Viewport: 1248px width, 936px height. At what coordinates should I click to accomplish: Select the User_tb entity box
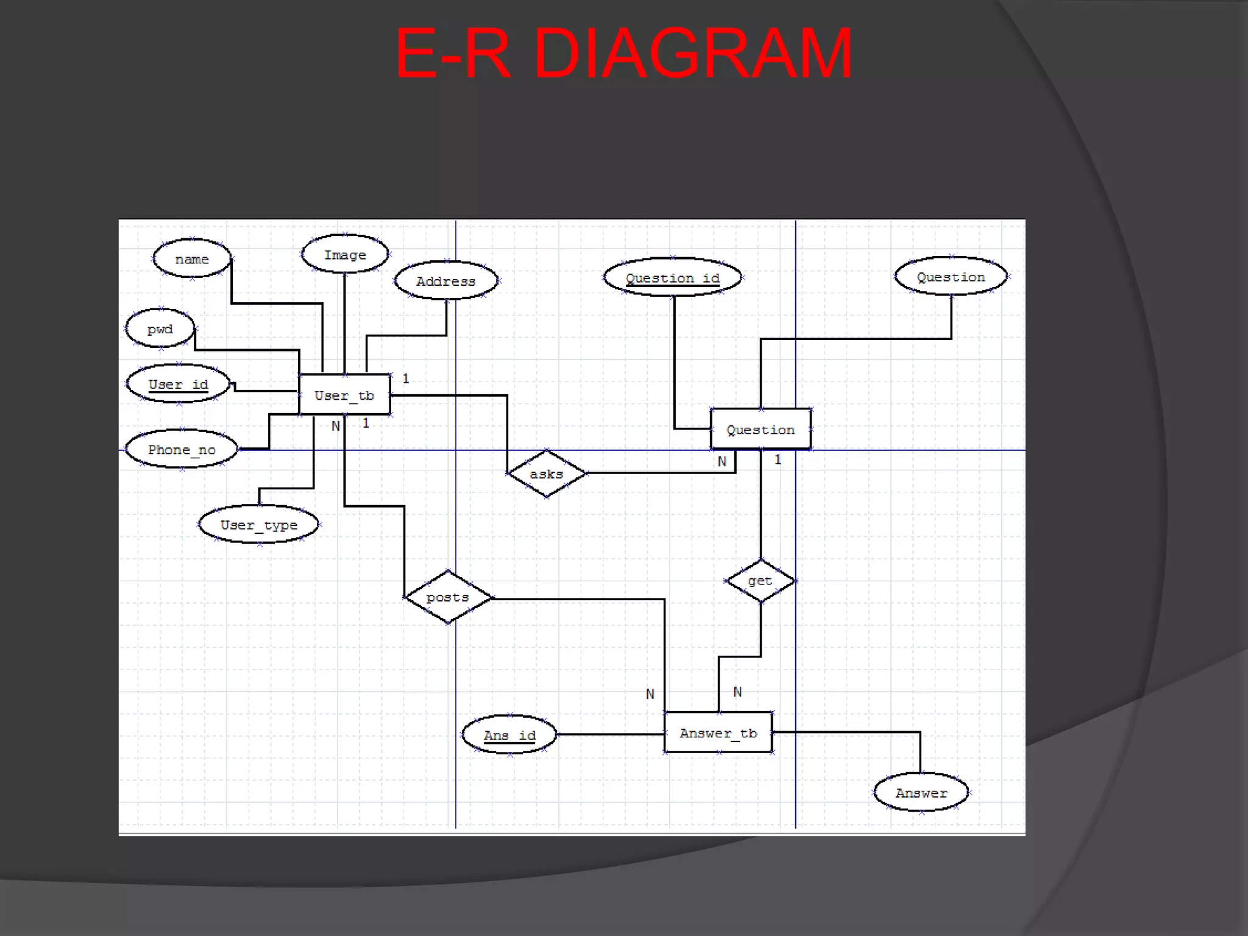point(344,395)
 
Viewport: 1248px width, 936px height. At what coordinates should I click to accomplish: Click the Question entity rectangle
point(760,429)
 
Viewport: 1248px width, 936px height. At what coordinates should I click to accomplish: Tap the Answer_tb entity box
point(718,732)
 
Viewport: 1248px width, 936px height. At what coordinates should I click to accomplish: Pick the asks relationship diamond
point(547,473)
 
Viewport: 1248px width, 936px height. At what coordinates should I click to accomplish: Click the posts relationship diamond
point(448,597)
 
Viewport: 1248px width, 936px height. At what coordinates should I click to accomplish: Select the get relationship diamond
point(760,581)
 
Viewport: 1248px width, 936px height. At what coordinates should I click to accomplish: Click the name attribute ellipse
point(192,259)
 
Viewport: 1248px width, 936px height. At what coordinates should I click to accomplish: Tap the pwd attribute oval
point(160,329)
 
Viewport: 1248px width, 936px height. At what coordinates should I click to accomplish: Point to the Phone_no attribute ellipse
point(182,450)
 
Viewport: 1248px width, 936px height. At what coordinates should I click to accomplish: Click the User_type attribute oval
point(259,525)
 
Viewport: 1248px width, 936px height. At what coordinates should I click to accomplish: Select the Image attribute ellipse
point(345,255)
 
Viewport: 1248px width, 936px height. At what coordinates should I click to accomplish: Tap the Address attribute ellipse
point(445,281)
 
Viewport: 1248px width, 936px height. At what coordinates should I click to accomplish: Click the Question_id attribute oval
point(672,278)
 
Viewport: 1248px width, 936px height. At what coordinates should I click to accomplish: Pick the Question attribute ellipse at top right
point(951,277)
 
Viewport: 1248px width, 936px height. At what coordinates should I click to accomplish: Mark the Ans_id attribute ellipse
point(509,735)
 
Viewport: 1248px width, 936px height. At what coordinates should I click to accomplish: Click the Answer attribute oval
point(921,793)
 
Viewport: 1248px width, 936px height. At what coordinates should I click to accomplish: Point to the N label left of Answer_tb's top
point(650,694)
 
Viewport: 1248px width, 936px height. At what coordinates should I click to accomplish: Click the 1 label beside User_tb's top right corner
point(406,378)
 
